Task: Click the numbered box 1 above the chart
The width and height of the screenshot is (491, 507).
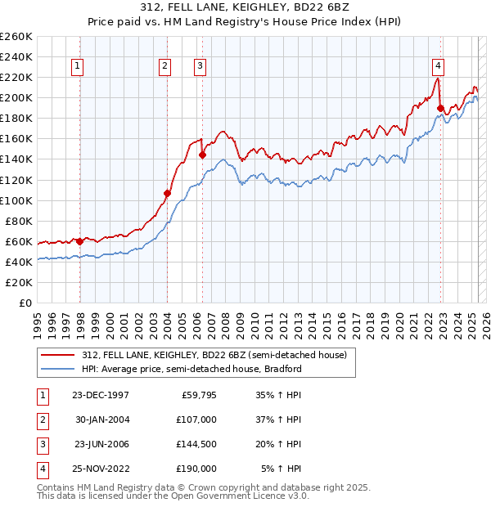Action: (77, 66)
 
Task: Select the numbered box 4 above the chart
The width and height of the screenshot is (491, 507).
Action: (439, 66)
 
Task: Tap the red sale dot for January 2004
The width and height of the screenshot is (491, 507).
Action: (167, 193)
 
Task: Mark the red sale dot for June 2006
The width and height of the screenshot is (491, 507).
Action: (202, 155)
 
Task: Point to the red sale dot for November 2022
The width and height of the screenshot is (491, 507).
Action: (440, 108)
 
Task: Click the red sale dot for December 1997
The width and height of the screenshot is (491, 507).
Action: (80, 241)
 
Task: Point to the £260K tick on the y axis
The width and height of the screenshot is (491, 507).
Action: (16, 37)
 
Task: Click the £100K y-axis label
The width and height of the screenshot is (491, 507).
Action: (16, 200)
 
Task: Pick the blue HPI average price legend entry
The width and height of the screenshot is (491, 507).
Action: (191, 369)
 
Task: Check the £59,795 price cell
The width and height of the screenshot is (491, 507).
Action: (197, 395)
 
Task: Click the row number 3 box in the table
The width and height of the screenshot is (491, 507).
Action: (42, 444)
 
